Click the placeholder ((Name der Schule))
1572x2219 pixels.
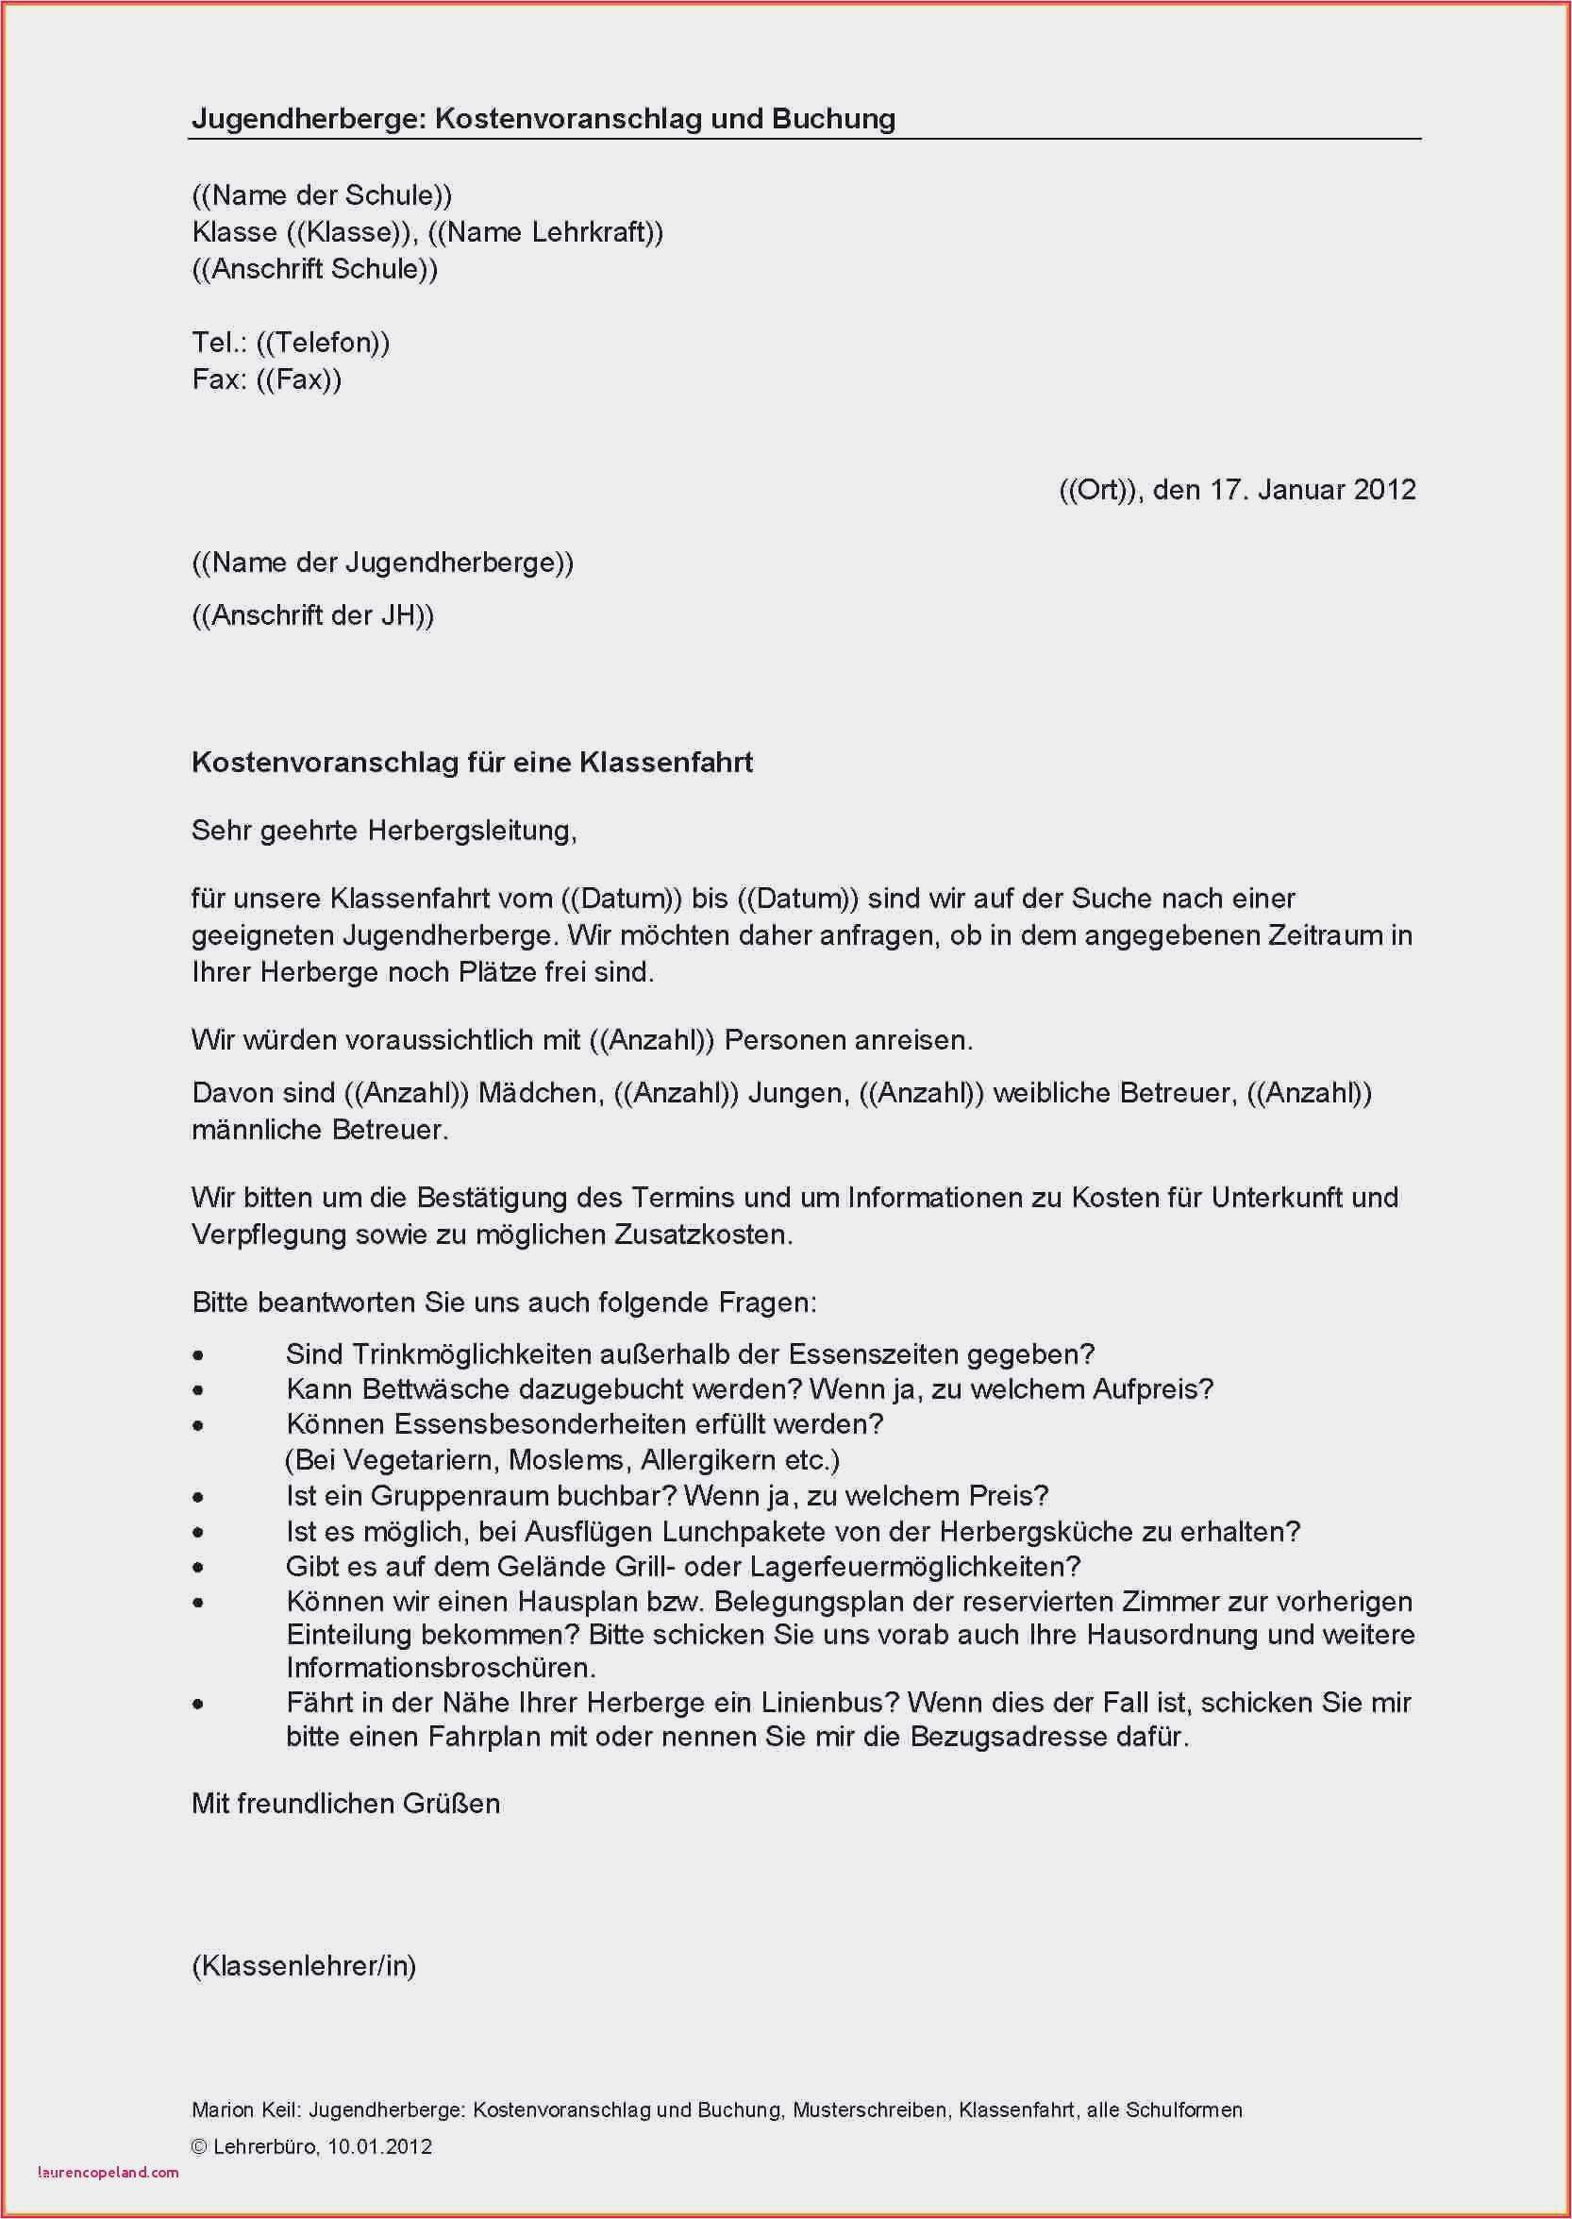(322, 195)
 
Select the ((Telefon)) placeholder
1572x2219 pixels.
(324, 343)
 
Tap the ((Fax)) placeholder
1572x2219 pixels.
(299, 379)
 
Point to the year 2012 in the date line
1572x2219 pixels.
(1384, 490)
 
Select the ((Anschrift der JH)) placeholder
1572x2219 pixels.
(312, 615)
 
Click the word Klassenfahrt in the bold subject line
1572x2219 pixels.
(666, 763)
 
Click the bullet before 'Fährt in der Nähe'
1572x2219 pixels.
(198, 1705)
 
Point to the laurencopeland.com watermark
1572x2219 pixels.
(109, 2172)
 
